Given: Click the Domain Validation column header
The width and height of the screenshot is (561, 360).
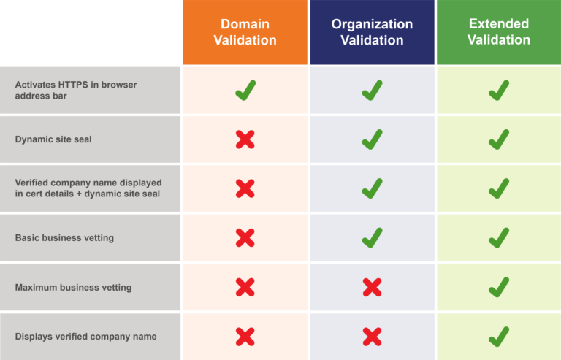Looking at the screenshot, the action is [245, 32].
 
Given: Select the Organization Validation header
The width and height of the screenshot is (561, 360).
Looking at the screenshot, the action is [372, 32].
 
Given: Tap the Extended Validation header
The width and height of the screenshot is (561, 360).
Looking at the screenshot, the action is [499, 32].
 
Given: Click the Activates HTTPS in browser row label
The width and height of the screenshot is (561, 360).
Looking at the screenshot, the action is [76, 90].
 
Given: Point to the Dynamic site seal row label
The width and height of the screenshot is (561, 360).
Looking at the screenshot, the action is [53, 139].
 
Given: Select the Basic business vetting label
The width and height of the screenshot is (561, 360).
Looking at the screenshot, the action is [64, 238].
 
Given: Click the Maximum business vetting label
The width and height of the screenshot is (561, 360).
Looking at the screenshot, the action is [73, 288].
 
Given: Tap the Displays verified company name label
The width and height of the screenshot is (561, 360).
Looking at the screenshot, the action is [86, 337].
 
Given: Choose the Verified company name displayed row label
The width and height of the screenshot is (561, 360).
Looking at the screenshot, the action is [88, 188].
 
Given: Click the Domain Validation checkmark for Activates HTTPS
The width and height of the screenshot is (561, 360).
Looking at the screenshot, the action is [245, 90].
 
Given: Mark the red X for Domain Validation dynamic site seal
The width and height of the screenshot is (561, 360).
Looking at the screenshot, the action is [245, 139].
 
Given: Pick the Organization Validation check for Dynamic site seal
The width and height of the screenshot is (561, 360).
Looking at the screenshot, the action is [372, 139].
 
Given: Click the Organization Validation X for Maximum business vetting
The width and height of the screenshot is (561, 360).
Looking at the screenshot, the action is [372, 288].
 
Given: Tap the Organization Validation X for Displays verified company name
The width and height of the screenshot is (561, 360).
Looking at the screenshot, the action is [372, 337].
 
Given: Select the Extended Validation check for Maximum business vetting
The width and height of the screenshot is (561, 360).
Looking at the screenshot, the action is [499, 287].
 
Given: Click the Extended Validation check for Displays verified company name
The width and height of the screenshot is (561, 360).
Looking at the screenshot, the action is [499, 337].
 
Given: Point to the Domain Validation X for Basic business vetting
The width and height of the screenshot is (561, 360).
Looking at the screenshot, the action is [245, 238].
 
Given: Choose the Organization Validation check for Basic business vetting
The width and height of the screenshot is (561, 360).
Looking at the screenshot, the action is [372, 238].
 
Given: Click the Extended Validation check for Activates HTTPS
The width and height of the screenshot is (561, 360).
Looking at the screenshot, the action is [499, 90].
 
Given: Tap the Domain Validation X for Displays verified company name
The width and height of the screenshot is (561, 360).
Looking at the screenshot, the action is [245, 337].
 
